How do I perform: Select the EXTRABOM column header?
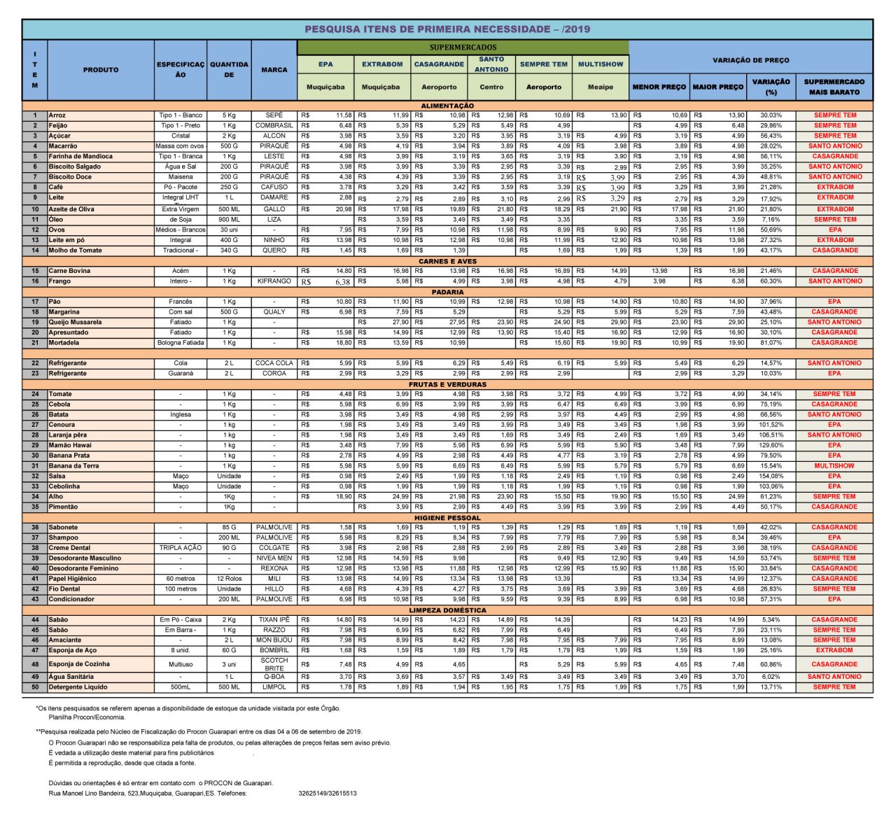[382, 64]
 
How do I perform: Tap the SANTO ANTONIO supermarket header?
[491, 64]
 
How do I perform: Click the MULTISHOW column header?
[601, 64]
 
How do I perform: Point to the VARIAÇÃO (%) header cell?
[771, 87]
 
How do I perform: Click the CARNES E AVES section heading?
[447, 261]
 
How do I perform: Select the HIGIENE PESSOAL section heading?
[447, 518]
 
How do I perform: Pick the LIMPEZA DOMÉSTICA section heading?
[447, 610]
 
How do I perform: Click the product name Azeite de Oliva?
[71, 209]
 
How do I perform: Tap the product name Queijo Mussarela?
[75, 323]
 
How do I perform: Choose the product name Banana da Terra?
[73, 466]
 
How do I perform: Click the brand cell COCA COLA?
[274, 363]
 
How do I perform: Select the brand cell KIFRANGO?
[274, 281]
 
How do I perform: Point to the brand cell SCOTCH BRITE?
[274, 664]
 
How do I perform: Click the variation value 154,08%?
[771, 477]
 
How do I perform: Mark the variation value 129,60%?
[771, 446]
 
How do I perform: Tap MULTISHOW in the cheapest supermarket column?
[834, 466]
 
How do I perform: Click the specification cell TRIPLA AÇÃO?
[181, 548]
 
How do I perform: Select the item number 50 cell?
[35, 687]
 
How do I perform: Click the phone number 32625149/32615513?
[328, 794]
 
